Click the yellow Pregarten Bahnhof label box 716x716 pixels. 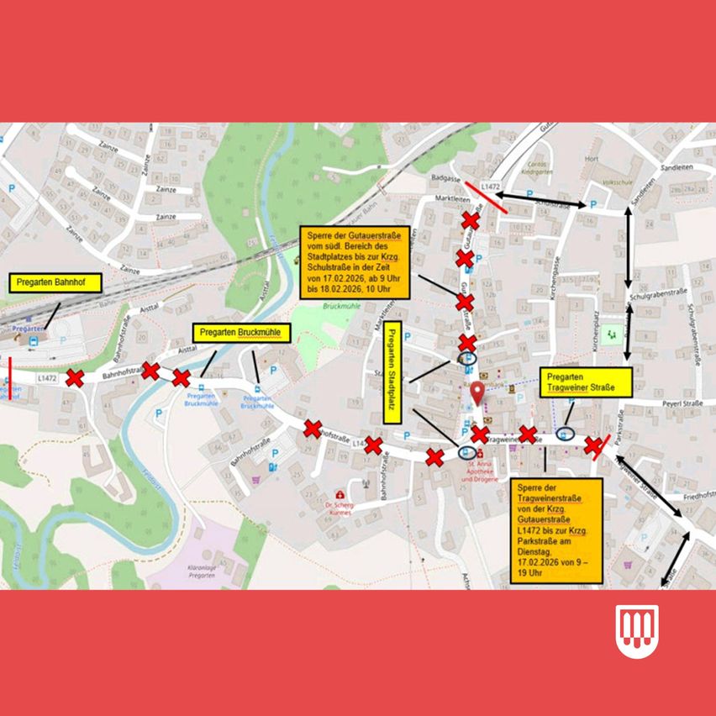(x=53, y=282)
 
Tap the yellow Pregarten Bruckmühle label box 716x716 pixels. (x=242, y=333)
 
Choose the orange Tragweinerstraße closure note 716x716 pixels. (x=555, y=530)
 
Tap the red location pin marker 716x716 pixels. (x=477, y=392)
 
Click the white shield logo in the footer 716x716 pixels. (x=636, y=630)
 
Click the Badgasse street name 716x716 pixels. (x=443, y=178)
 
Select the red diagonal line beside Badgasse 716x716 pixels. (x=487, y=197)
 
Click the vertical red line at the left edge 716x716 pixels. (x=9, y=376)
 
